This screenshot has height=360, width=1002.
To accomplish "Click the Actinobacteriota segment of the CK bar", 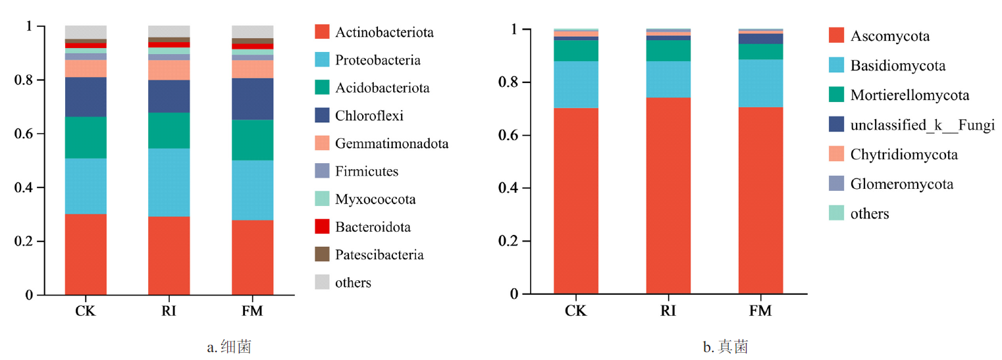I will click(x=86, y=254).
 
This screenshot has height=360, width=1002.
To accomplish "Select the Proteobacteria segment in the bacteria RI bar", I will click(x=169, y=182).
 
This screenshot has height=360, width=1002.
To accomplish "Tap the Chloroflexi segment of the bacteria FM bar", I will click(x=253, y=99).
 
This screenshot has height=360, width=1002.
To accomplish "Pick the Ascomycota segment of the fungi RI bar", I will click(x=668, y=195).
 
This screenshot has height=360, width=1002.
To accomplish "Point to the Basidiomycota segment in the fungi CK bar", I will click(x=576, y=84).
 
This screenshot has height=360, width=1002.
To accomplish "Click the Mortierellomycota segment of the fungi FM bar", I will click(x=760, y=51).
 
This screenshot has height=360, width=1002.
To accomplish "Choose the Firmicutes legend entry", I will click(x=367, y=171).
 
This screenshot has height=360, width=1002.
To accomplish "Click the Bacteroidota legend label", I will click(x=373, y=227).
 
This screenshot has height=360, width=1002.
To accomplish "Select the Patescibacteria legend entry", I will click(x=379, y=255).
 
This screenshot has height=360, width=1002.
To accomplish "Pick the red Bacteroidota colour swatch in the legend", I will click(x=322, y=227).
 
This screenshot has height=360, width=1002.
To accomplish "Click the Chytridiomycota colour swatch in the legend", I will click(x=837, y=155).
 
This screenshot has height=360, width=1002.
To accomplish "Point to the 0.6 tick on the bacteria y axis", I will click(x=30, y=134).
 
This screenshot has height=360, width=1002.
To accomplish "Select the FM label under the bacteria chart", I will click(x=253, y=311).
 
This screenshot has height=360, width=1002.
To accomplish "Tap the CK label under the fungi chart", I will click(x=576, y=311).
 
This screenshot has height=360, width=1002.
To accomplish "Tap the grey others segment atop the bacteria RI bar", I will click(x=169, y=31).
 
